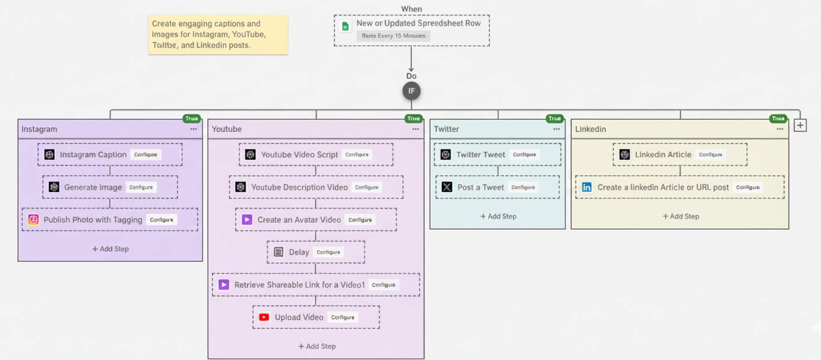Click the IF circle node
click(411, 91)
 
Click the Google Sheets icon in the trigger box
click(346, 26)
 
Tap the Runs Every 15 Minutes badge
click(393, 36)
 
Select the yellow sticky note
click(218, 34)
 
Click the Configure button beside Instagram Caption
click(145, 155)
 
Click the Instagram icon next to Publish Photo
click(34, 220)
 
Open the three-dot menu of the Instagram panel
click(193, 129)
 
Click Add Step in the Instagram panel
click(111, 249)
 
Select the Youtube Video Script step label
click(299, 155)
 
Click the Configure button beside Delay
click(328, 252)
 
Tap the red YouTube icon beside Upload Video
click(264, 318)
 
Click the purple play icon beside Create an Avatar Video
click(247, 220)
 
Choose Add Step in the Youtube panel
click(317, 347)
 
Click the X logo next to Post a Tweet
click(447, 187)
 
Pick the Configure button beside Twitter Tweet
click(524, 155)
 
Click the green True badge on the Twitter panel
click(555, 119)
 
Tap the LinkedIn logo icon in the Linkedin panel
click(587, 187)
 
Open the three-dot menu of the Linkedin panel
click(780, 129)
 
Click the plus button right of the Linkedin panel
click(800, 125)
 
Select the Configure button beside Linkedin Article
click(710, 155)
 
